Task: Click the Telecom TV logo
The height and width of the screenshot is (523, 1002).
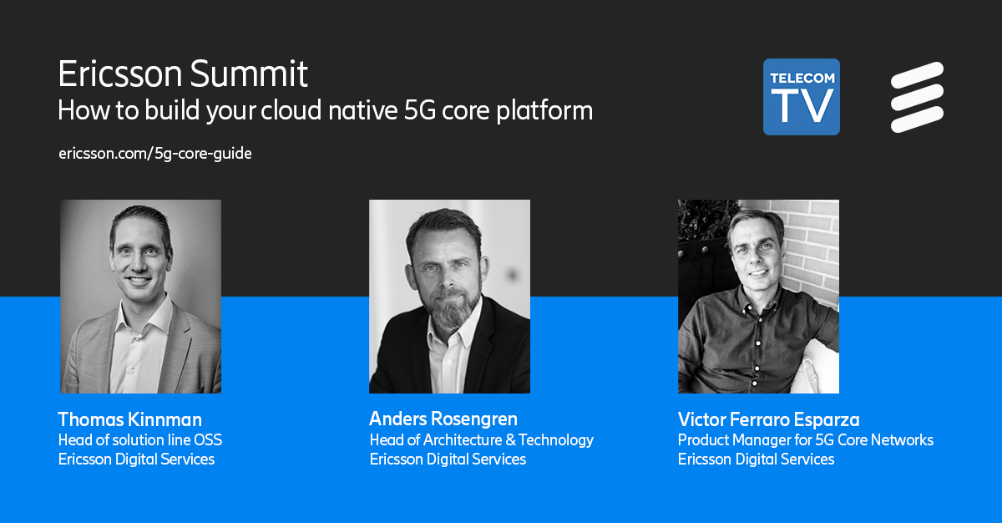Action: (801, 96)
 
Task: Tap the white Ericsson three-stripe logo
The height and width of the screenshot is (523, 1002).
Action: (916, 97)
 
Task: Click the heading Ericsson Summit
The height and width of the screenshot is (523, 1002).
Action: (183, 75)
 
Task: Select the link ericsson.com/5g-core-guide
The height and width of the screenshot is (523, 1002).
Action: (154, 155)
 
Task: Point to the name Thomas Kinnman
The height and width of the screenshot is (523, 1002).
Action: (129, 419)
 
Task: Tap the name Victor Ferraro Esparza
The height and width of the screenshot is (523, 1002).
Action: (768, 419)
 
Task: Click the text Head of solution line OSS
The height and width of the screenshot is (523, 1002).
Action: (139, 439)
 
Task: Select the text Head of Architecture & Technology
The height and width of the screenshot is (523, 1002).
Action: (481, 439)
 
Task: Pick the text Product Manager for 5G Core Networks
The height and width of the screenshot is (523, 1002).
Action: (805, 439)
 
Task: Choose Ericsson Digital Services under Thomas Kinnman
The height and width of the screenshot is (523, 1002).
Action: (136, 460)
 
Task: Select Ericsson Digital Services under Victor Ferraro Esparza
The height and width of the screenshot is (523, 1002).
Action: (756, 460)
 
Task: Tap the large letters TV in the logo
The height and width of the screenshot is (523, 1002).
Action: (801, 104)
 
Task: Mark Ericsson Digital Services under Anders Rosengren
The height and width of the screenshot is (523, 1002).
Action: (448, 460)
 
